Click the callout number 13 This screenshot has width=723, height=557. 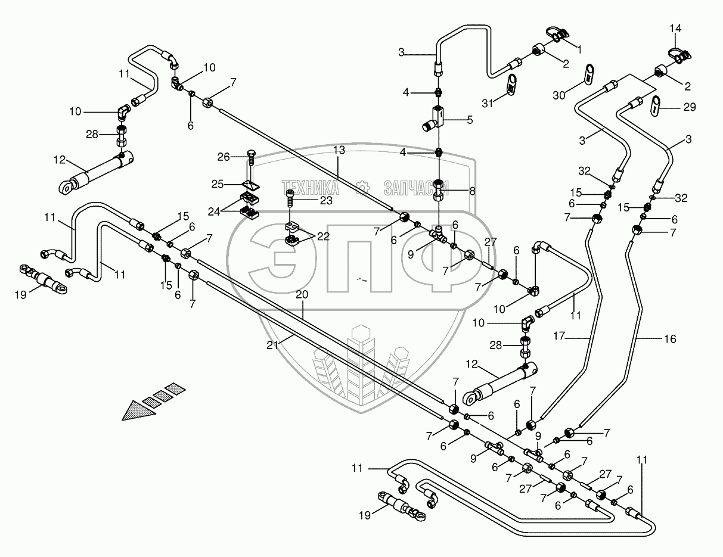(x=339, y=150)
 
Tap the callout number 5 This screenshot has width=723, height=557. (x=470, y=120)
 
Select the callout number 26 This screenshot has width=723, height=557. (x=224, y=157)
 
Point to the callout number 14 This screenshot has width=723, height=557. (x=675, y=28)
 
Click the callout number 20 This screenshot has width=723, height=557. (x=302, y=294)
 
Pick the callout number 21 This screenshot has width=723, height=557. (x=272, y=346)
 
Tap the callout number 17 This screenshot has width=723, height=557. (x=559, y=336)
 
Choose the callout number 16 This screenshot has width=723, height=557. (x=670, y=339)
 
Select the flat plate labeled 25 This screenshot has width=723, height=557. (x=251, y=185)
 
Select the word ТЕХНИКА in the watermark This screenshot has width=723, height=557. (x=311, y=188)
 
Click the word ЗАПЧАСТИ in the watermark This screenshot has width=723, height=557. (x=417, y=188)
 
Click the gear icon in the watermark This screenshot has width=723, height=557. (x=362, y=188)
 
